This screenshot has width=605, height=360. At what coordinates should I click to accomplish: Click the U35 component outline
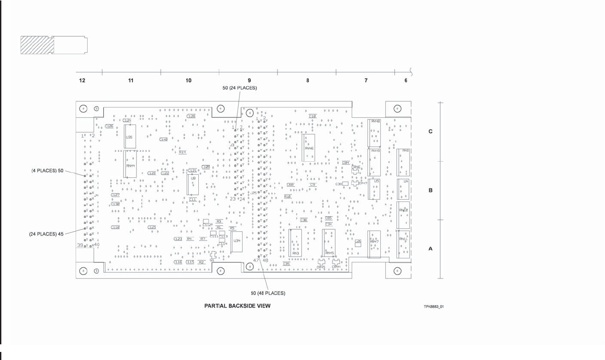130,136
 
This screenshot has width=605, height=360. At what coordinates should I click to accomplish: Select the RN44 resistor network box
130,165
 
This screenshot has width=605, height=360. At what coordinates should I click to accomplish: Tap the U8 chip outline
192,184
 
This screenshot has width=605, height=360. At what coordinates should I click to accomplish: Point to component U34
236,242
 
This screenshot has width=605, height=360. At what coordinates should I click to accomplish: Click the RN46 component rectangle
308,147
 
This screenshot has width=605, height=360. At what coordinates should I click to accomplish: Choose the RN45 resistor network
329,243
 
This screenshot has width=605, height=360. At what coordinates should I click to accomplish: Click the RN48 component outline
375,133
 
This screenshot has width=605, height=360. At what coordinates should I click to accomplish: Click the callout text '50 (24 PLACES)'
240,88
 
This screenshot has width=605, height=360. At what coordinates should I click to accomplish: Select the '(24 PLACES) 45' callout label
47,234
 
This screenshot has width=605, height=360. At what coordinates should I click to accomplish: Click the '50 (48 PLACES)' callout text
268,293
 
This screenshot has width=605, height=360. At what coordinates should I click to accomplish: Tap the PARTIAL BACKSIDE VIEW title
237,306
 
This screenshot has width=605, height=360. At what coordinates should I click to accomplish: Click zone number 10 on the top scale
188,81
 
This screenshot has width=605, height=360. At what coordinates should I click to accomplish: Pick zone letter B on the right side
430,190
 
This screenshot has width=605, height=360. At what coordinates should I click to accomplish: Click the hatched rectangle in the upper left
37,45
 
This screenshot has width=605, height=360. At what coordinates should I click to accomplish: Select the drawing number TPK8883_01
434,307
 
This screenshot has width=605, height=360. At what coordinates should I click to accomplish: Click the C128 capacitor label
192,116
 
